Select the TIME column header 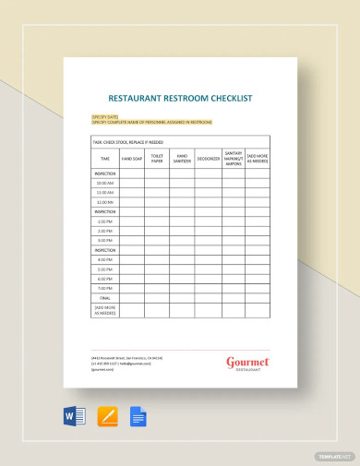pos(104,159)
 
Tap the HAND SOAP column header pos(132,159)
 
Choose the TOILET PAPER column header pos(157,159)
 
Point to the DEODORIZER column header pos(208,159)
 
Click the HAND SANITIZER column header pos(182,159)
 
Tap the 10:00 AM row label pos(104,183)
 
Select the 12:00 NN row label pos(104,202)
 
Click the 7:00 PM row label pos(104,288)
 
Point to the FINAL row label pos(104,297)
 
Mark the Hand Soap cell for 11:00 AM pos(132,193)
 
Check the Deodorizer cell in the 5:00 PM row pos(208,269)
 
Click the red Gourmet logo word pos(246,362)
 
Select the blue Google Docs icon pos(139,416)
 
